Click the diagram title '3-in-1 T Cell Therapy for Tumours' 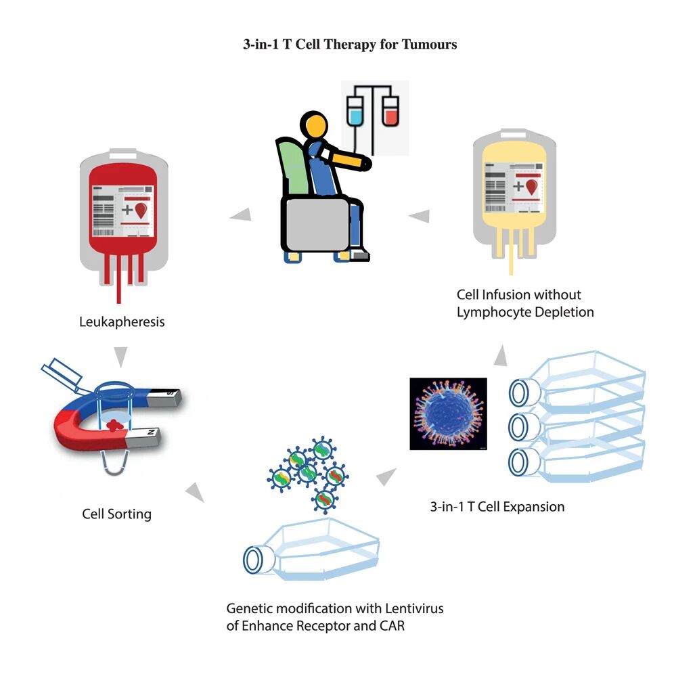pos(350,45)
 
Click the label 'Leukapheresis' pos(122,321)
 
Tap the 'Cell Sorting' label pos(116,514)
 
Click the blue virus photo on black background pos(449,413)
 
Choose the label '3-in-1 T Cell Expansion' pos(497,506)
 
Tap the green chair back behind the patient pos(292,166)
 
